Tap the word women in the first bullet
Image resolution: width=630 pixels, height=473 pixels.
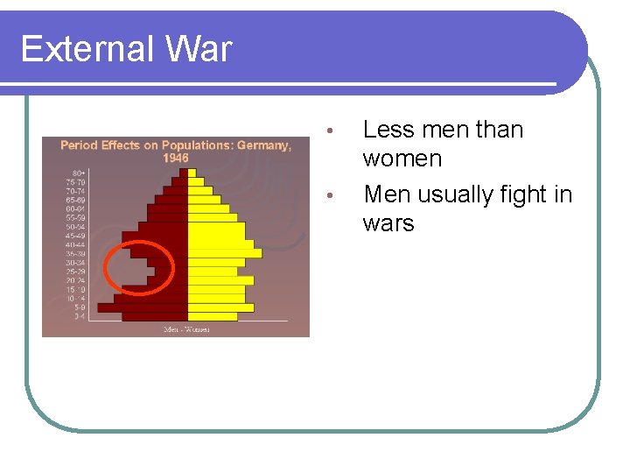point(402,159)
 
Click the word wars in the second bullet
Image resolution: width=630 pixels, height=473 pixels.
point(388,222)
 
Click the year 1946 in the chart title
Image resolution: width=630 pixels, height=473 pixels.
point(175,158)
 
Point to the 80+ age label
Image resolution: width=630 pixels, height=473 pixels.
point(79,172)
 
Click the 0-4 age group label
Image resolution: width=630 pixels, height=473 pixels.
point(79,316)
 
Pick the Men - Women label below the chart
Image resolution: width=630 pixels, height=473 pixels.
point(186,329)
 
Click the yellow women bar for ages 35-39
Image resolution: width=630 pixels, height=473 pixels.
point(224,253)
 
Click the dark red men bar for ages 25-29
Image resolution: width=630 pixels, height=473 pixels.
point(171,272)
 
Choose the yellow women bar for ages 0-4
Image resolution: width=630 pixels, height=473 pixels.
point(212,316)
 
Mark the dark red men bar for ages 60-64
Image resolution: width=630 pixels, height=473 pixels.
point(168,208)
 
